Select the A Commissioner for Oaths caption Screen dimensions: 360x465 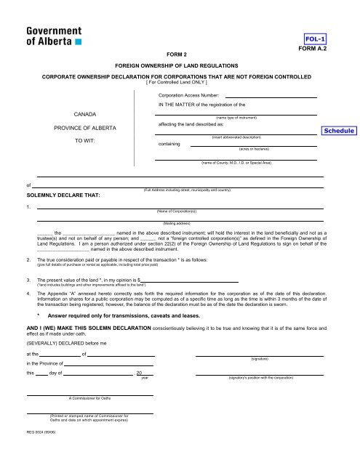(x=89, y=399)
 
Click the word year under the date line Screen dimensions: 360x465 (x=145, y=378)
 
